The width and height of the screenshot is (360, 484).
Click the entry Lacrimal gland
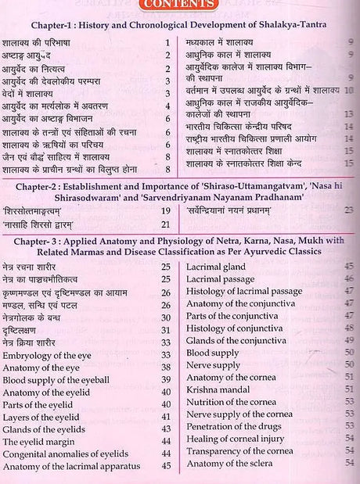point(218,267)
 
